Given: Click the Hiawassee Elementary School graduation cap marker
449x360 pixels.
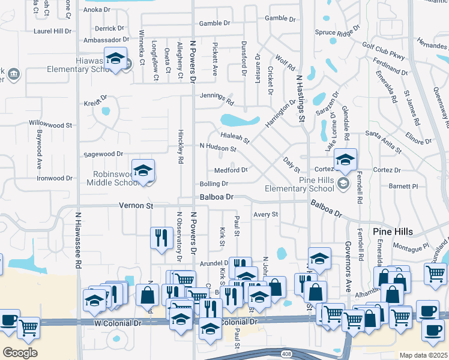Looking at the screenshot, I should [x=115, y=59].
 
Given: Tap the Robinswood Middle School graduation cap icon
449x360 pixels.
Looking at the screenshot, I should [x=143, y=172].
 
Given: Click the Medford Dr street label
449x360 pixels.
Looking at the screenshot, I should [x=231, y=170].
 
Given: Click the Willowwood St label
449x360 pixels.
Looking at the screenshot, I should [x=50, y=125].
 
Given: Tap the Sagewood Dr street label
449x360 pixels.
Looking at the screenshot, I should [x=103, y=154].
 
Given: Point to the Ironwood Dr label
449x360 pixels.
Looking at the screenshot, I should [x=55, y=178].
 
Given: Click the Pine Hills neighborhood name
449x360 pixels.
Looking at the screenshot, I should [x=393, y=232].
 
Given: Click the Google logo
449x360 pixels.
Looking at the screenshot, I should [x=19, y=353].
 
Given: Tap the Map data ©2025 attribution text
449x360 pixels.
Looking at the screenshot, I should [x=423, y=355].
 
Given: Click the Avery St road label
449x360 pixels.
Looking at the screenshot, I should [x=266, y=214].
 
